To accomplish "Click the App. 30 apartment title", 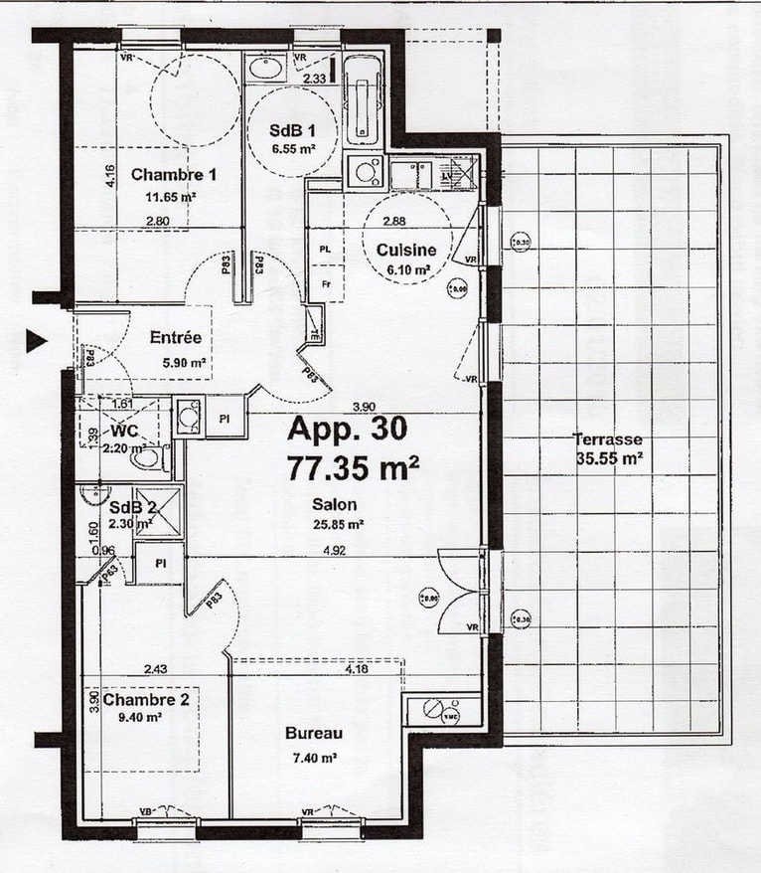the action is click(347, 429).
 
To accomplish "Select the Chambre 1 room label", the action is click(175, 175).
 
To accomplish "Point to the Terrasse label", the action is click(608, 439).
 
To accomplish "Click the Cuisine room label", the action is click(407, 251).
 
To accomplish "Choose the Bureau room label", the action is click(313, 734).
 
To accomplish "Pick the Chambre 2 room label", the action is click(146, 700).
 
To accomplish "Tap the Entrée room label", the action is click(176, 338).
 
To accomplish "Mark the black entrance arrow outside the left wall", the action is click(37, 341).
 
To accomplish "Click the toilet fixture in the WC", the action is click(151, 459).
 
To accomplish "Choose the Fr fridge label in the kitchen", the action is click(325, 283).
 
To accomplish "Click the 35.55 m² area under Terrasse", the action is click(608, 458).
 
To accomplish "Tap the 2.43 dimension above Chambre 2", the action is click(154, 669).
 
